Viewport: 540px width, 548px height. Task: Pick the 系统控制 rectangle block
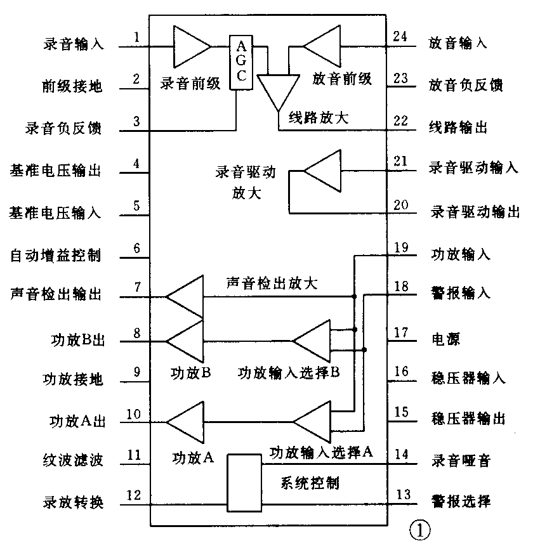tap(244, 483)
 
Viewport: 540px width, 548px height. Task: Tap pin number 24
tap(400, 36)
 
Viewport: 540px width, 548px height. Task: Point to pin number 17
tap(400, 332)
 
